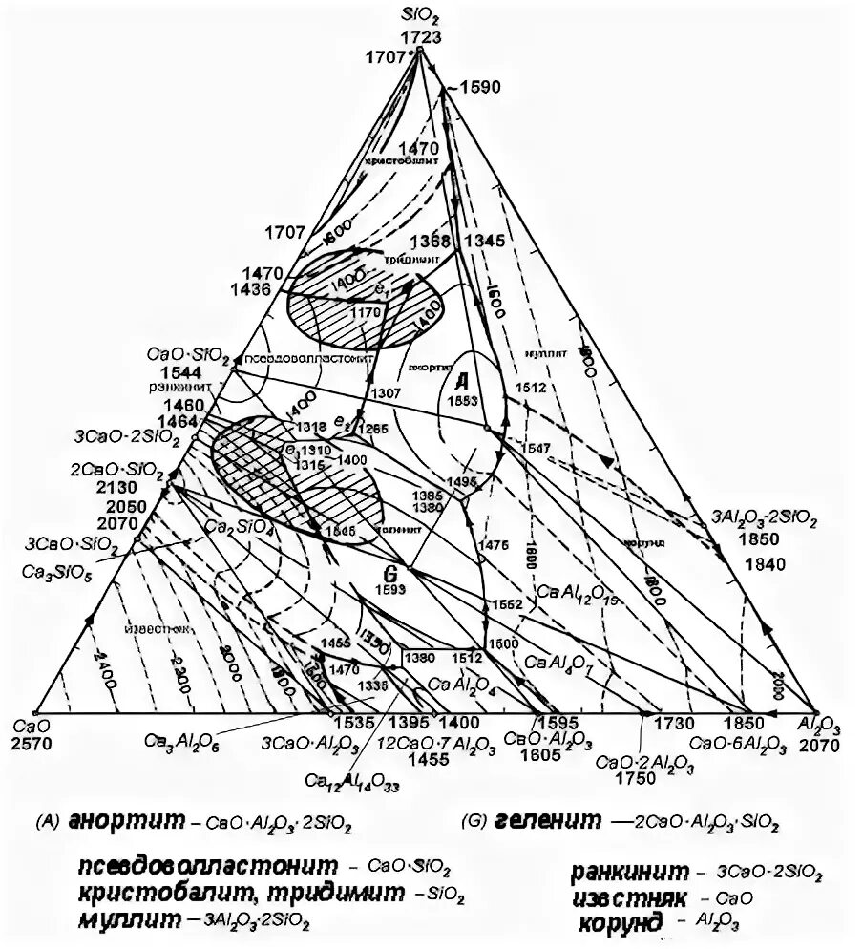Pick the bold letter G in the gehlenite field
pos(389,574)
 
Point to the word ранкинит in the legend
pos(630,873)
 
